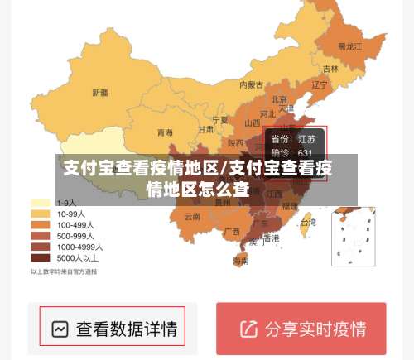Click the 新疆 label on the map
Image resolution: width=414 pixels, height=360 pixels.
point(100,92)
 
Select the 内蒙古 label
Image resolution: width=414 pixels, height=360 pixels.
point(252,84)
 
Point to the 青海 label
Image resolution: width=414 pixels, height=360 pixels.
point(165,132)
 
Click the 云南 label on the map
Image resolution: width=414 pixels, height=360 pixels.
point(192,216)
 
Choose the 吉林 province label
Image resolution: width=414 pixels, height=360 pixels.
point(330,69)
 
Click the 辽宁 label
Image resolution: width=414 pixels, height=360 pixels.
point(320,84)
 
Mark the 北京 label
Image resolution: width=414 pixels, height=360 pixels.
point(279,98)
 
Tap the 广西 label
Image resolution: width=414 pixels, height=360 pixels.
point(232,230)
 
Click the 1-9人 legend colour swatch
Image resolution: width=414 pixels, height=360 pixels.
point(41,203)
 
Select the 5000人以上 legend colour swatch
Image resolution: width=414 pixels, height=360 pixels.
point(41,257)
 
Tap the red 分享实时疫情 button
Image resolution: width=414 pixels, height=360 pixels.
point(301,329)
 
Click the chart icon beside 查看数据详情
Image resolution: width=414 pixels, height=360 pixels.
point(60,329)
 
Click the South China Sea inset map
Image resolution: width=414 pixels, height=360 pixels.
point(353,236)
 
